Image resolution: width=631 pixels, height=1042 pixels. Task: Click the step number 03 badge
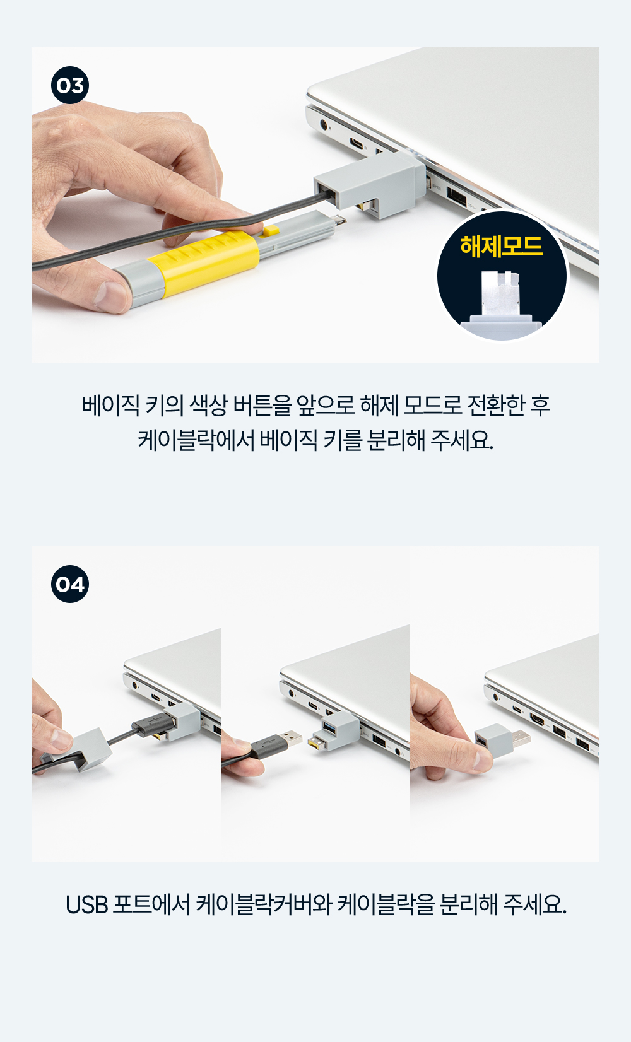tap(70, 85)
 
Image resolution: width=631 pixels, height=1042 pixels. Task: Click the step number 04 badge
tap(70, 584)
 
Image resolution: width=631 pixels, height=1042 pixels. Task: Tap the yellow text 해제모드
tap(502, 245)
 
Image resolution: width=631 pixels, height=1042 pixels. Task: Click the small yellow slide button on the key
tap(270, 230)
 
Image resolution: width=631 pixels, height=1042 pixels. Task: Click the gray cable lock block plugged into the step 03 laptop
tap(370, 185)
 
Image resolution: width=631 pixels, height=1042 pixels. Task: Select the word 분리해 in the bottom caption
tap(468, 904)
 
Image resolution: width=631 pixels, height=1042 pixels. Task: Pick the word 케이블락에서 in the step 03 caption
tap(196, 440)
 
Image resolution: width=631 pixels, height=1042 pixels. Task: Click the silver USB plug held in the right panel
tap(521, 738)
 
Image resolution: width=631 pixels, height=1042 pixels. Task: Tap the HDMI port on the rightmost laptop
tap(536, 720)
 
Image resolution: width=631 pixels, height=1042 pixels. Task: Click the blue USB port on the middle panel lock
tap(329, 726)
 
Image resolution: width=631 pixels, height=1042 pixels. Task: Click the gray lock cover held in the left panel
tap(89, 749)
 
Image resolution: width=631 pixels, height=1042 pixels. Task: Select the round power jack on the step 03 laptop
tap(324, 125)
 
